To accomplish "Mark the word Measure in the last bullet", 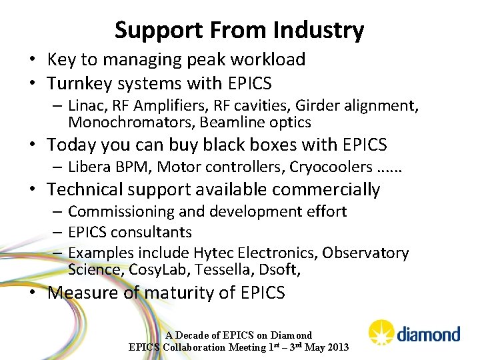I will click(85, 293).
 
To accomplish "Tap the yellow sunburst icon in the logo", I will click(382, 332).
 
